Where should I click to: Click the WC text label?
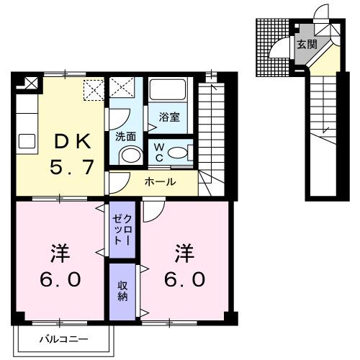pos(159,153)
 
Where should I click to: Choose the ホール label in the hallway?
pos(159,182)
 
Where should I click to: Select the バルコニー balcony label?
pos(63,338)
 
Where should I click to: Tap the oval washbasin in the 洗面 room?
pos(130,155)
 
